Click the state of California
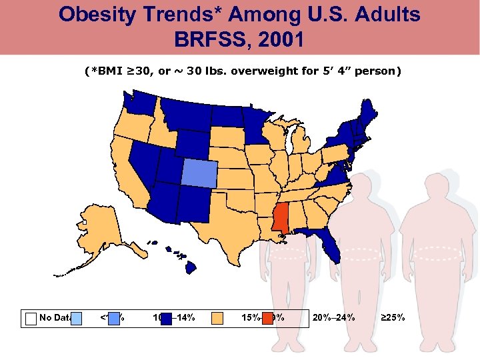pos(131,173)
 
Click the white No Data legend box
pos(31,318)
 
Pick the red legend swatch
pos(267,318)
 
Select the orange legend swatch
pos(217,318)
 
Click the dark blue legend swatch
pos(167,318)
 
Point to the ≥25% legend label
pos(392,318)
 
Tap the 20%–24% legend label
pos(333,318)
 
